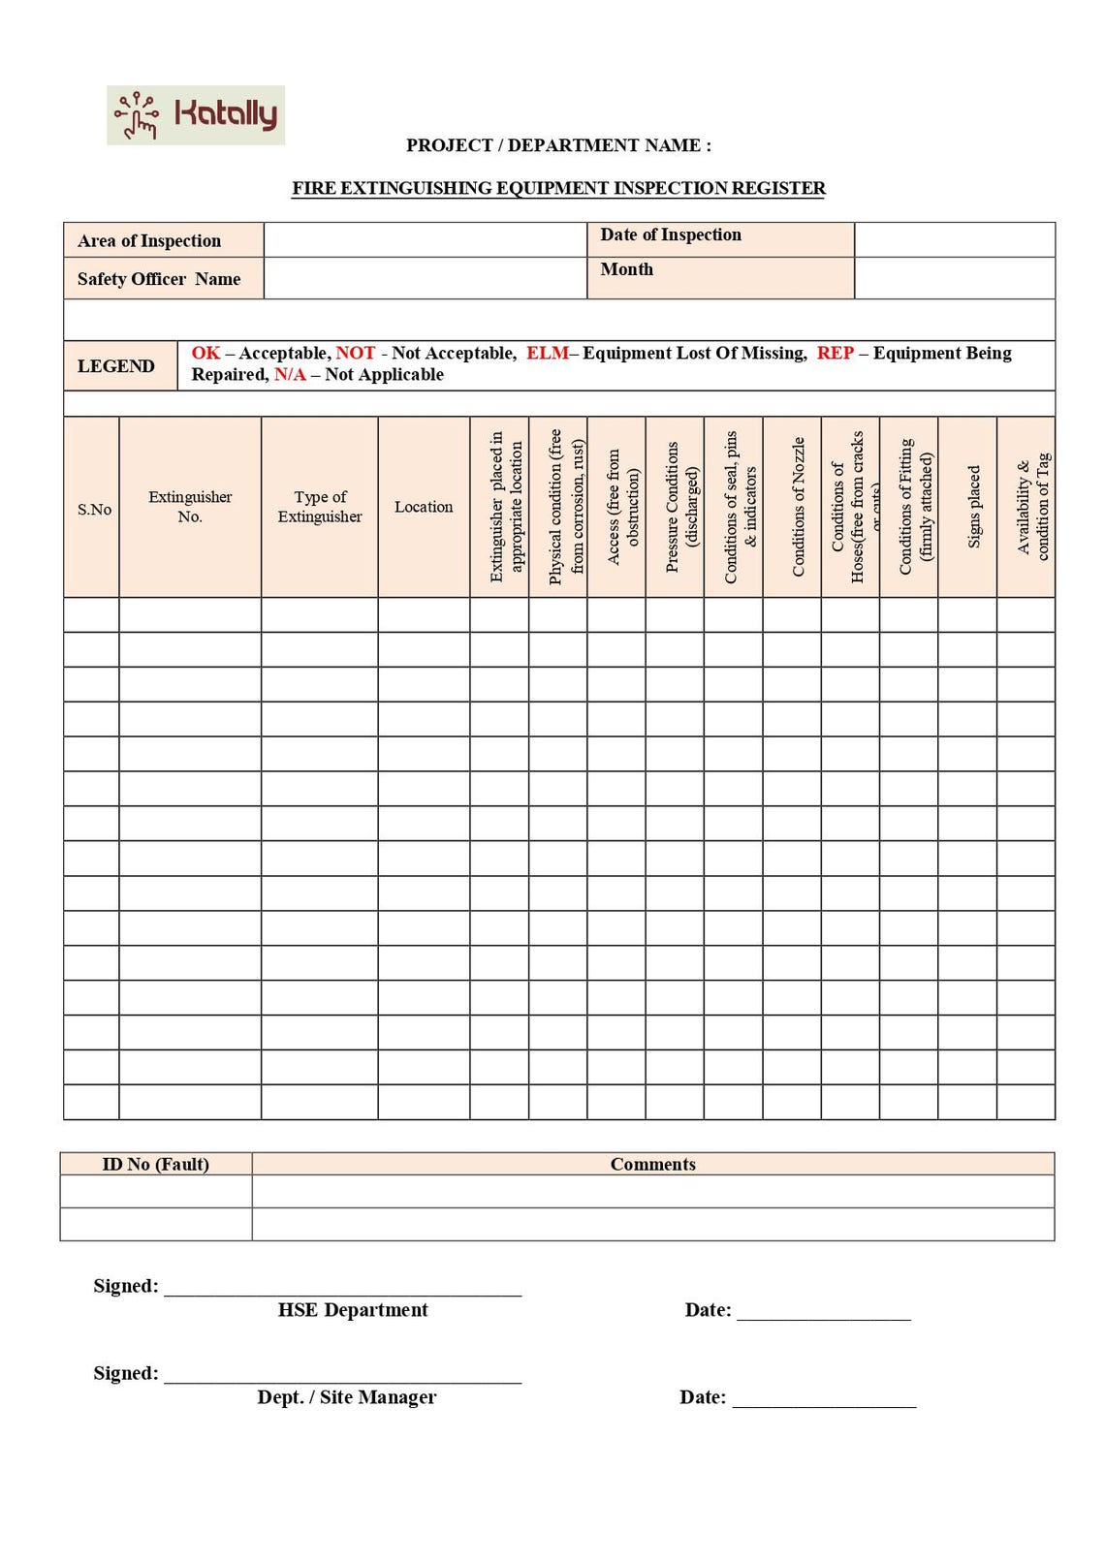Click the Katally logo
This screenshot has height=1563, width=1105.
coord(196,115)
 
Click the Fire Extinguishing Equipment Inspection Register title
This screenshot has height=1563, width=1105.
coord(558,188)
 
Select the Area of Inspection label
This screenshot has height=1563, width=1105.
coord(149,240)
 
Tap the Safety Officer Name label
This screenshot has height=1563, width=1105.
coord(159,279)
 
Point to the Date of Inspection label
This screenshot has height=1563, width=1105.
coord(671,234)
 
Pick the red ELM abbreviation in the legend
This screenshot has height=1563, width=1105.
coord(547,354)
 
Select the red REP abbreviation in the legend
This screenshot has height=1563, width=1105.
coord(835,354)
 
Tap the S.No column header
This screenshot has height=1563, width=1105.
coord(94,509)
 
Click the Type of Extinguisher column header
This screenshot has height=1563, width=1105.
coord(320,507)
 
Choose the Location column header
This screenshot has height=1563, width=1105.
coord(424,507)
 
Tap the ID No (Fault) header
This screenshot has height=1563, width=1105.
coord(156,1164)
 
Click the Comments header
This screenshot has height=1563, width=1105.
coord(652,1164)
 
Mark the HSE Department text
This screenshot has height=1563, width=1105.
coord(353,1310)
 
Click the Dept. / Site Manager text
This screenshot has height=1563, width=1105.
coord(347,1397)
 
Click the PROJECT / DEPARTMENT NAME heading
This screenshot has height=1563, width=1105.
coord(558,145)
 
